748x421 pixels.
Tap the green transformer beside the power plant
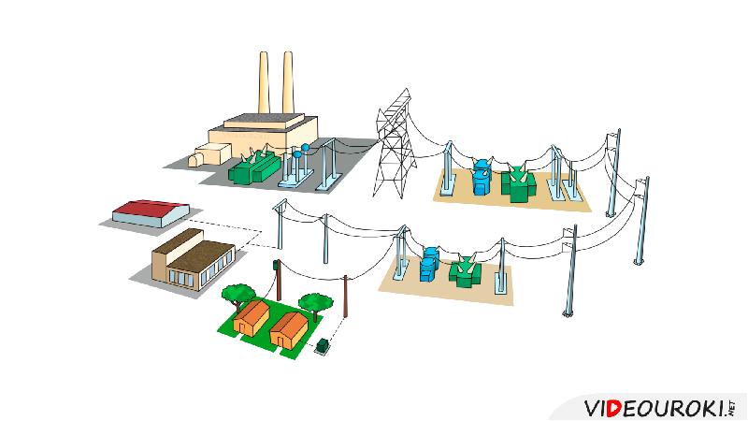[x=255, y=167]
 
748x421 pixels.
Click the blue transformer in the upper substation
[x=482, y=178]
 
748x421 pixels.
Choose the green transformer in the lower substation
[x=464, y=271]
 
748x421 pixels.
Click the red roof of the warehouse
[x=150, y=207]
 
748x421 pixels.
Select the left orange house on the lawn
[x=252, y=318]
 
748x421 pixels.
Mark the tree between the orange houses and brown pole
[x=315, y=302]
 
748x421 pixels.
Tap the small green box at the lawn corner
[x=324, y=346]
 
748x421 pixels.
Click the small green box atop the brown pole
[x=276, y=266]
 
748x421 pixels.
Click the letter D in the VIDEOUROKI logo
[x=612, y=409]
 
